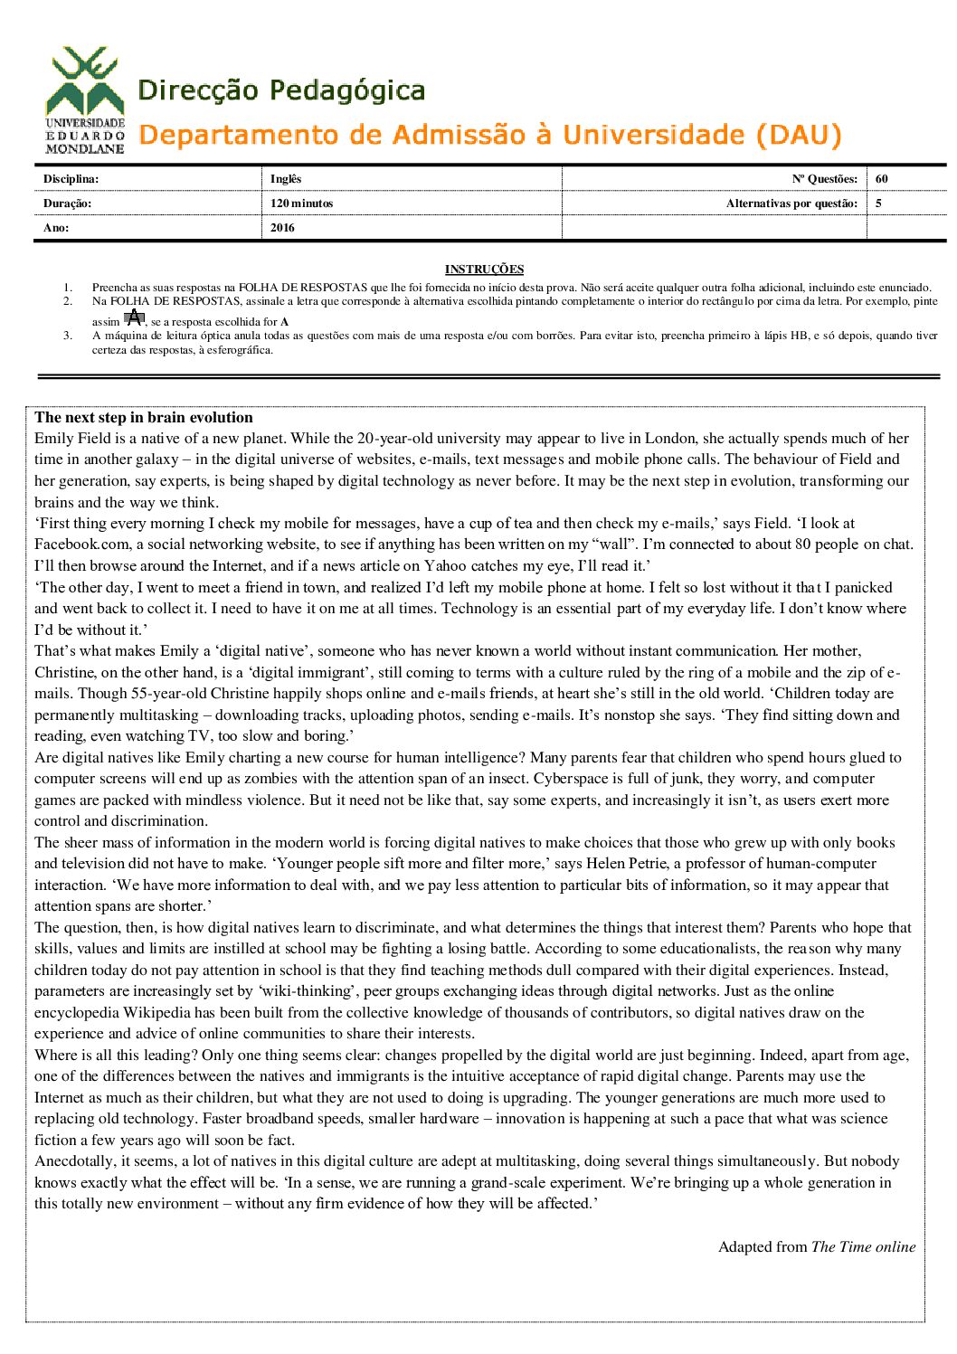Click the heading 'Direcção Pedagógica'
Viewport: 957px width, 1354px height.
pos(281,90)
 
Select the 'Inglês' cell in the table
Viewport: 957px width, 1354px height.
pos(286,179)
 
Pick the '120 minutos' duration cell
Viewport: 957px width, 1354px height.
pos(301,204)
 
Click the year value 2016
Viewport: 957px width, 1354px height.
pos(282,228)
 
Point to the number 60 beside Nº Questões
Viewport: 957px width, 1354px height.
pos(882,179)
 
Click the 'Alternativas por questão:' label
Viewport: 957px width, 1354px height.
pos(791,204)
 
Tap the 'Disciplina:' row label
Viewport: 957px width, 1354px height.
pos(71,179)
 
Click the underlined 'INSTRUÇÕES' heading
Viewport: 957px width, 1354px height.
pos(484,269)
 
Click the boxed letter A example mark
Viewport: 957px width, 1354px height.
pos(134,317)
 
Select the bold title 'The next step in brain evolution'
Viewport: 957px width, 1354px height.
pos(144,418)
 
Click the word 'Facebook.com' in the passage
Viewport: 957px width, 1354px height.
pos(77,544)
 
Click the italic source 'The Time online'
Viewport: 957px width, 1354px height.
pos(863,1247)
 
